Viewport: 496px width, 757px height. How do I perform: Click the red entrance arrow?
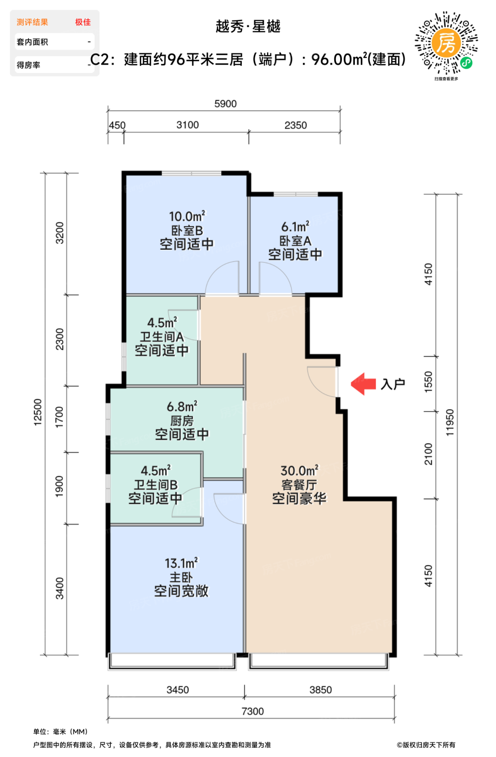tap(363, 384)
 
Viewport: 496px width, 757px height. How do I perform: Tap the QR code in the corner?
tap(446, 43)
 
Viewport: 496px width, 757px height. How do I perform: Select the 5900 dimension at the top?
tap(226, 104)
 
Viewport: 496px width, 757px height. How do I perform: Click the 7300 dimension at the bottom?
tap(253, 712)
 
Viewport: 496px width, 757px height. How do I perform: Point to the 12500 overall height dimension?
tap(37, 412)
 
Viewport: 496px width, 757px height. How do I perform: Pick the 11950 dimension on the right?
tap(449, 422)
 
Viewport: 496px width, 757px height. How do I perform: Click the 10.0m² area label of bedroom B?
tap(187, 216)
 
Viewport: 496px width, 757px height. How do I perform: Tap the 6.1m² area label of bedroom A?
tap(295, 227)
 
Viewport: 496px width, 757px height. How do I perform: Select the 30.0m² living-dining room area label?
tap(299, 470)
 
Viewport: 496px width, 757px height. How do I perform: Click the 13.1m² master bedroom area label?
tap(181, 563)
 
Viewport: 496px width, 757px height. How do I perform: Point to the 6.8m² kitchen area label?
tap(182, 406)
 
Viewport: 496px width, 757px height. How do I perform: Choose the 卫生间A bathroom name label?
tap(162, 336)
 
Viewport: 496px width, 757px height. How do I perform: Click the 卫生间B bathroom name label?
tap(156, 484)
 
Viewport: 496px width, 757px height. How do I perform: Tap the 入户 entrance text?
tap(393, 384)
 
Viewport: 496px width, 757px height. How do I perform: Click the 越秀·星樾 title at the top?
tap(248, 26)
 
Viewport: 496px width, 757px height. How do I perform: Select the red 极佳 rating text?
tap(83, 22)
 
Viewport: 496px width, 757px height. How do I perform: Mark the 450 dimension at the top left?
tap(117, 125)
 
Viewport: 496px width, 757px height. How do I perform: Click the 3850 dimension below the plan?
tap(321, 690)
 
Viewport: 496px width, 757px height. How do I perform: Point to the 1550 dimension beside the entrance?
tap(428, 382)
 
